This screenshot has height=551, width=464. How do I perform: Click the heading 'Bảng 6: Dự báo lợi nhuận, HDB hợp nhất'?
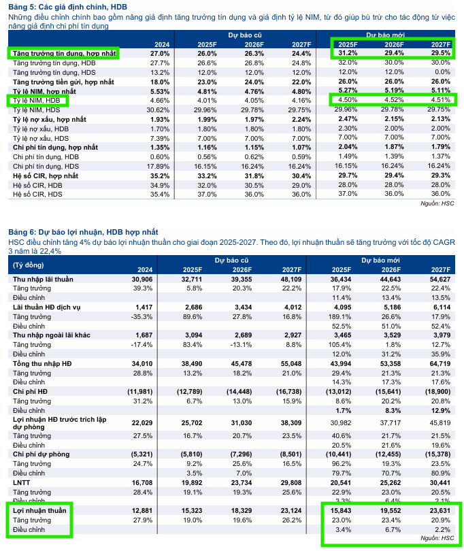click(x=82, y=233)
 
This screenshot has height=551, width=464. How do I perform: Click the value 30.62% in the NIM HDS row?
click(x=158, y=110)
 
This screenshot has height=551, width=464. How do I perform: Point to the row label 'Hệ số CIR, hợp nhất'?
click(x=46, y=176)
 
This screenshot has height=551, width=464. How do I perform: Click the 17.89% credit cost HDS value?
click(x=158, y=166)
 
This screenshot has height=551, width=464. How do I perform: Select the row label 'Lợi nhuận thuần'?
click(x=39, y=509)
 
